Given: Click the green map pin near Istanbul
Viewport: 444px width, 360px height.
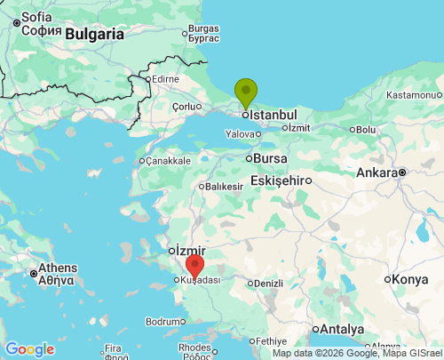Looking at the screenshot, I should (x=246, y=92).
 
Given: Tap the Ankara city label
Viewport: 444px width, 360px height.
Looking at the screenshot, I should (x=377, y=172).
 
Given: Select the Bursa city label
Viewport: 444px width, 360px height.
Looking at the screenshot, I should (x=270, y=158).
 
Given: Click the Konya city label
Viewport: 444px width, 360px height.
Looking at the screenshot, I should (x=410, y=279).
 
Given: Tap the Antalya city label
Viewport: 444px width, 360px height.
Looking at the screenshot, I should (x=341, y=329).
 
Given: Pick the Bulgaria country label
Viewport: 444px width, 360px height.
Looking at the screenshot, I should (x=94, y=35).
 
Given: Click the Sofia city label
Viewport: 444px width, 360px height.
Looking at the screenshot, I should (x=36, y=17).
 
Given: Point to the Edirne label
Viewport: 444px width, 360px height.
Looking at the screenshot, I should (x=165, y=79).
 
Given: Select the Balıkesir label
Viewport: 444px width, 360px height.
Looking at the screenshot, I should (x=224, y=187).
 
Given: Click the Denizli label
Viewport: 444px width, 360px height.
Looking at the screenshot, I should (x=267, y=284).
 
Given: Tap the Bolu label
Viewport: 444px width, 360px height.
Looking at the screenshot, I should (x=365, y=129).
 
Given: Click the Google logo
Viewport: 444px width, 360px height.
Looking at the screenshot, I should (x=29, y=349).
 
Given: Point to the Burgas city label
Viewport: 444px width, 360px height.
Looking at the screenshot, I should (x=203, y=28).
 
